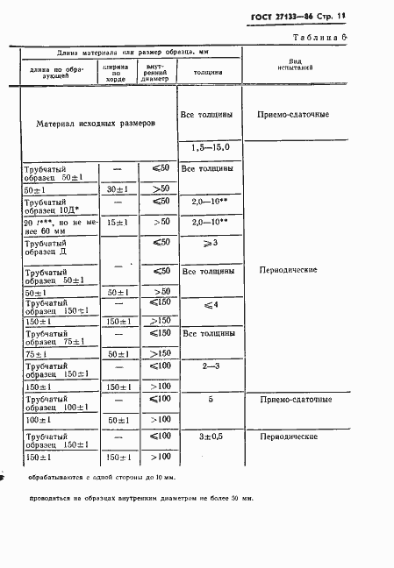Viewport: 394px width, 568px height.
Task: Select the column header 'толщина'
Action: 205,72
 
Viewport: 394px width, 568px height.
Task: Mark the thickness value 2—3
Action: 205,364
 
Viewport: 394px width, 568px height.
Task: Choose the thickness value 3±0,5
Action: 205,436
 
